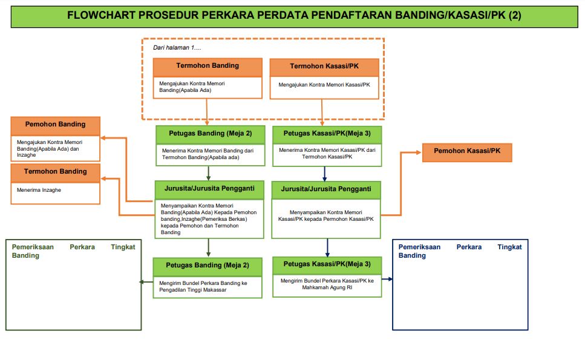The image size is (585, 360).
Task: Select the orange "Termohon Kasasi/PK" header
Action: coord(325,67)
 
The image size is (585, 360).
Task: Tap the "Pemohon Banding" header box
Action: coord(55,125)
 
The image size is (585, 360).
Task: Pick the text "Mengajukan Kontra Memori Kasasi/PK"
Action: coord(324,85)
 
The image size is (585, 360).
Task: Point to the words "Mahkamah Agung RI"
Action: coord(327,288)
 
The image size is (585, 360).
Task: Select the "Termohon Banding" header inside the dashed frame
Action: coord(208,66)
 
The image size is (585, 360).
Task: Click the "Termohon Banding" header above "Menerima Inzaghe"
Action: coord(55,172)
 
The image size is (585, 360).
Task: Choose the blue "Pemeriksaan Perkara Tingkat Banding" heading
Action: coord(460,251)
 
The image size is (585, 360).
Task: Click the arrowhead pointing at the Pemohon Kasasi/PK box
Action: coord(419,152)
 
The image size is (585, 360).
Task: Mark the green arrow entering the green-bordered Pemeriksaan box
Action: coord(142,281)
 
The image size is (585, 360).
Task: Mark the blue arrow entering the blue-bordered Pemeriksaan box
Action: coord(390,279)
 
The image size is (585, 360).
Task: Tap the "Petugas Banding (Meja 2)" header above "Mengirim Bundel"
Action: coord(208,266)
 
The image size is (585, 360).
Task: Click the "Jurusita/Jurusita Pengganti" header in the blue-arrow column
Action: coord(326,189)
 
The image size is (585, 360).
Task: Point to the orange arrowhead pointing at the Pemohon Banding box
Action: coord(104,139)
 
